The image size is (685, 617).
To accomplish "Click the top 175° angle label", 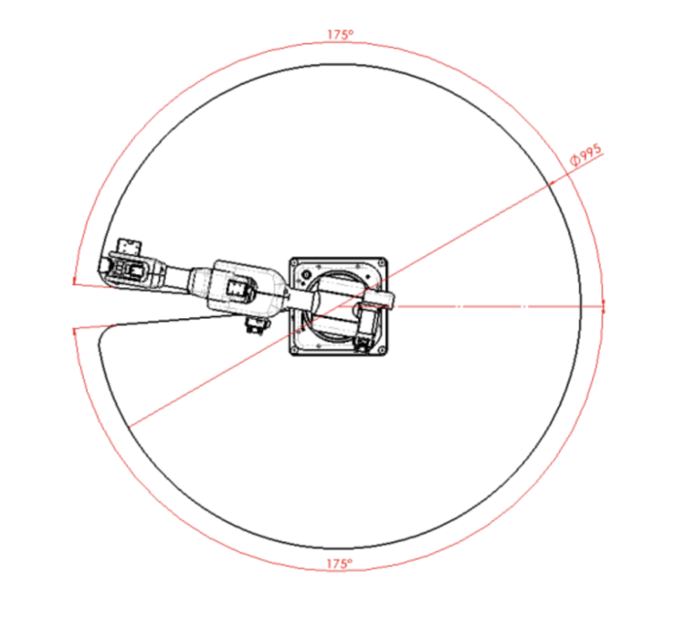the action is [x=341, y=35].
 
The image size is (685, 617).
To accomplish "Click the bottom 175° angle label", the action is [x=340, y=564].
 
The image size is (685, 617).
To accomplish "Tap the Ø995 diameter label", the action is [x=585, y=154].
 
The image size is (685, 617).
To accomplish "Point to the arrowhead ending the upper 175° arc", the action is [x=75, y=281].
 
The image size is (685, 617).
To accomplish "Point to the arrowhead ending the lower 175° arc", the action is [x=75, y=333].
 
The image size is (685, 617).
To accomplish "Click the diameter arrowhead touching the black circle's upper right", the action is [x=553, y=183].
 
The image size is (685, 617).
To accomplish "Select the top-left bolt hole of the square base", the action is [x=294, y=263].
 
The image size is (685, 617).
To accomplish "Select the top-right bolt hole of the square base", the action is [x=382, y=263].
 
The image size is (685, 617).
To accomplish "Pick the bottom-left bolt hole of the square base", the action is [x=294, y=350].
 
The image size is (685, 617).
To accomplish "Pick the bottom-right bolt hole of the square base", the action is [x=382, y=350].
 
